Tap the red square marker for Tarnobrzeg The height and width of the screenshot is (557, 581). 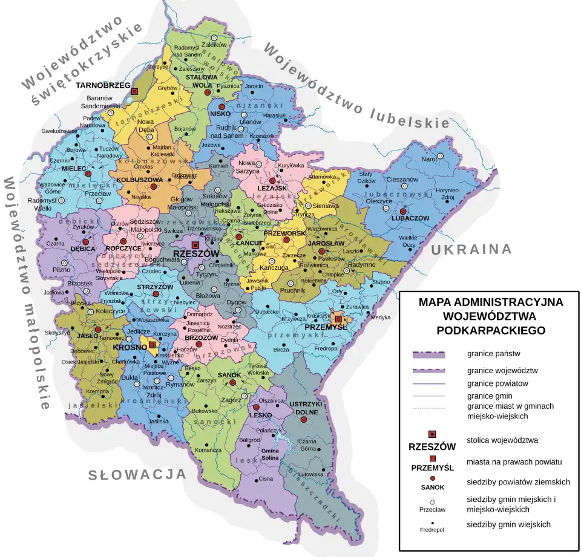click(134, 91)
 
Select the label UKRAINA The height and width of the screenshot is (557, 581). click(471, 249)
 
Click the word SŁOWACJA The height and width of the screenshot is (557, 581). click(137, 475)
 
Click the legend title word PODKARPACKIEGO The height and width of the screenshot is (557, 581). click(490, 330)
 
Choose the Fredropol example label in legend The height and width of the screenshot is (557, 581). click(432, 530)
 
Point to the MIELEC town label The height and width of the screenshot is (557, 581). click(74, 168)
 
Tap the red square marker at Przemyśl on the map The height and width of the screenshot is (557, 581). click(339, 319)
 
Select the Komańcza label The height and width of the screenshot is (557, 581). click(208, 450)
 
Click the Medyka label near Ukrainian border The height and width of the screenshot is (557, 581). click(381, 318)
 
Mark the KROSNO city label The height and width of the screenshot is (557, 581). click(126, 348)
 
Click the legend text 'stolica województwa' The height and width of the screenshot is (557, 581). click(502, 440)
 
